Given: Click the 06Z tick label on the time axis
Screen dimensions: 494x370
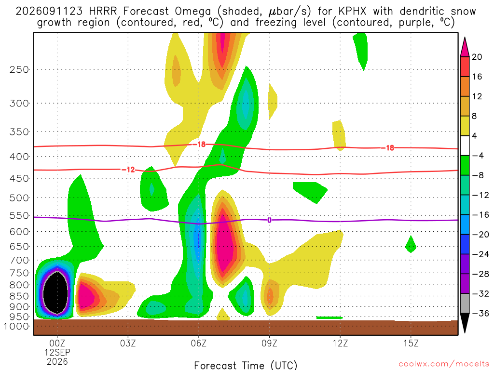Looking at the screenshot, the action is click(x=198, y=343).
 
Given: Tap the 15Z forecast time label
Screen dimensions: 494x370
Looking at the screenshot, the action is click(x=411, y=343).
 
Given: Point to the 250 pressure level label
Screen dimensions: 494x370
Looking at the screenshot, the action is click(x=19, y=69).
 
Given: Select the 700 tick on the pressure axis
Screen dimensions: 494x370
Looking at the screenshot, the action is click(x=19, y=260).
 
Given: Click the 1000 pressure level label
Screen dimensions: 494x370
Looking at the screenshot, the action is click(x=16, y=326).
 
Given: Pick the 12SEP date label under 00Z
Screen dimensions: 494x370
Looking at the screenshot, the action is click(x=57, y=352).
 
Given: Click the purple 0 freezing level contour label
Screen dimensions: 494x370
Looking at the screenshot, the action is click(x=269, y=220).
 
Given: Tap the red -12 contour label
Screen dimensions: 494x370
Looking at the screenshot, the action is click(x=128, y=170).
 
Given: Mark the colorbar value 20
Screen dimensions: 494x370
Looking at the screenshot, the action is click(x=477, y=57).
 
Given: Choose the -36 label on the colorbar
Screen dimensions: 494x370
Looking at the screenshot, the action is click(x=480, y=313).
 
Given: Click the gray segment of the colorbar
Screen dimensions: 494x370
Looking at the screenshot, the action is click(x=465, y=304).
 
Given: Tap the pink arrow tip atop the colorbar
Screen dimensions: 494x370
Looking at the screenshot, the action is click(x=465, y=38).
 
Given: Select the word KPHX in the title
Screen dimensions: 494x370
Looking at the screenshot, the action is click(x=352, y=12).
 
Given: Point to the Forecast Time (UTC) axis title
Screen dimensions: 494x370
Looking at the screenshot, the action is click(x=246, y=365).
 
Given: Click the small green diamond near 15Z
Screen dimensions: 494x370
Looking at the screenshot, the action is click(x=411, y=244).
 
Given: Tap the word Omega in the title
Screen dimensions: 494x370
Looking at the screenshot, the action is click(x=192, y=12).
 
